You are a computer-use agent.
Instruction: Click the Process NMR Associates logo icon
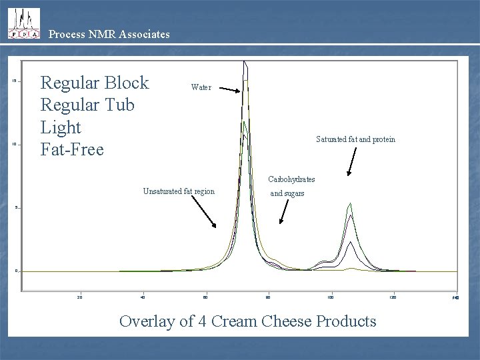pyautogui.click(x=23, y=24)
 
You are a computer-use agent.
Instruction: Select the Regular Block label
pyautogui.click(x=95, y=83)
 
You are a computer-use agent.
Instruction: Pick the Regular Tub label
pyautogui.click(x=87, y=105)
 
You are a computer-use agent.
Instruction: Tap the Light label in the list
pyautogui.click(x=61, y=127)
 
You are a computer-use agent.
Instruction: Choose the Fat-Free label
pyautogui.click(x=72, y=149)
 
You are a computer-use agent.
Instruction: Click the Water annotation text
pyautogui.click(x=201, y=87)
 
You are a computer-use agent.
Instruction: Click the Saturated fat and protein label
pyautogui.click(x=355, y=139)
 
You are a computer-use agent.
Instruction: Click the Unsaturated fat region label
pyautogui.click(x=179, y=192)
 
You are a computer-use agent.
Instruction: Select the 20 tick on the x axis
pyautogui.click(x=79, y=297)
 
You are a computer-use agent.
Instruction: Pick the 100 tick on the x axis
pyautogui.click(x=330, y=297)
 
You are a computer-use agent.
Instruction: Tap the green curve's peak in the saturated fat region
pyautogui.click(x=350, y=203)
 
